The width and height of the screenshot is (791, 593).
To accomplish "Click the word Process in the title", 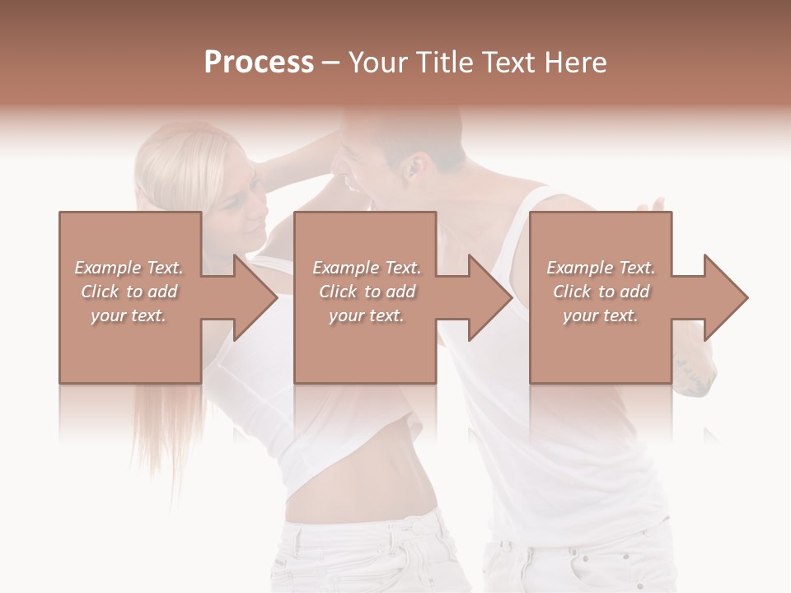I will point(259,63).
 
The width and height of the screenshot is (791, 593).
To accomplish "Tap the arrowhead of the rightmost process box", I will point(724,297).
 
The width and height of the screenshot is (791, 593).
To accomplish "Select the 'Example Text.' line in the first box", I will point(129,268).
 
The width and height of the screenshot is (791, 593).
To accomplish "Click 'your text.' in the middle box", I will point(366,315).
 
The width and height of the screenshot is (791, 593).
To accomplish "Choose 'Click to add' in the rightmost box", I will point(601,292).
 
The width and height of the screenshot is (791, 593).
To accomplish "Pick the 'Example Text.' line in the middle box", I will point(366,268).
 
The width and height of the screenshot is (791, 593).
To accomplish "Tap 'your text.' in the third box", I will point(601,315).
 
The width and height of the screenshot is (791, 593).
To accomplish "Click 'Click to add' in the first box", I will point(129,292).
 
